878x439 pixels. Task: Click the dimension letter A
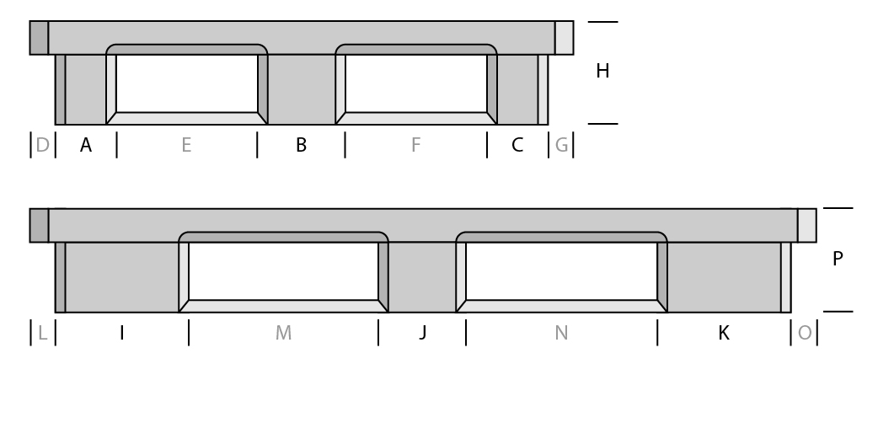click(86, 145)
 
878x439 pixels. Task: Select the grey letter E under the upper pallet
click(186, 145)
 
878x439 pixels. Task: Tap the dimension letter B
click(302, 145)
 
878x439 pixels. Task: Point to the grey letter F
click(415, 145)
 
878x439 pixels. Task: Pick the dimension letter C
click(517, 145)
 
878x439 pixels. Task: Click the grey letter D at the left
click(43, 145)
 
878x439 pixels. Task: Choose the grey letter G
click(562, 145)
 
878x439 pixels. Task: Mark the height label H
click(602, 71)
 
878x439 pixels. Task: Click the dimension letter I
click(122, 333)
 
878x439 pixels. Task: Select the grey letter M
click(283, 333)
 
